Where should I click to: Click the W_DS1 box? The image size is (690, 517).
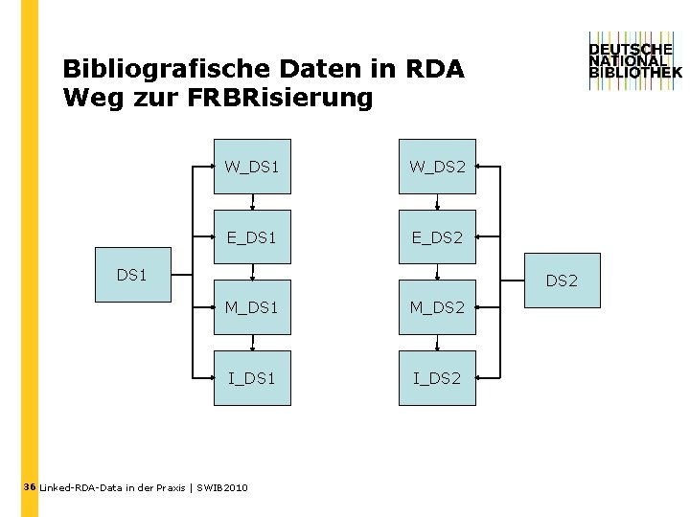(x=252, y=167)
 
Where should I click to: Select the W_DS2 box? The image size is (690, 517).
(x=437, y=167)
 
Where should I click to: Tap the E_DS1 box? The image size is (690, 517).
(x=252, y=237)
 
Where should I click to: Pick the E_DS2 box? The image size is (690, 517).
(x=437, y=237)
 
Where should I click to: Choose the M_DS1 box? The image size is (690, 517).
(x=252, y=307)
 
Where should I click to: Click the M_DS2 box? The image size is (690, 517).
(x=437, y=307)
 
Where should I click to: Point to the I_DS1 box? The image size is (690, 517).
(x=252, y=378)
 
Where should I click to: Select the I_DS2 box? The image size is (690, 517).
(x=437, y=378)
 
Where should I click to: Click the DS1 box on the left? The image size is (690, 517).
(x=131, y=275)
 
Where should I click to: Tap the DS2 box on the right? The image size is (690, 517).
(x=563, y=281)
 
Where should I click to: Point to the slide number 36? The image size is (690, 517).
(x=29, y=487)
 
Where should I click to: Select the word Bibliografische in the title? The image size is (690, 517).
(x=166, y=70)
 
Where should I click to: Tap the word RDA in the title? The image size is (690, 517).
(x=435, y=70)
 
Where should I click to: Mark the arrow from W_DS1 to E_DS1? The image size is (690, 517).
(x=252, y=202)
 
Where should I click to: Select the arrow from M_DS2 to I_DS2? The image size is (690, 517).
(x=437, y=343)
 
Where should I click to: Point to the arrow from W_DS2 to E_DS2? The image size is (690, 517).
(x=437, y=202)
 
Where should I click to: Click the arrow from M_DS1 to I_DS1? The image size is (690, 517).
(x=252, y=343)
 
